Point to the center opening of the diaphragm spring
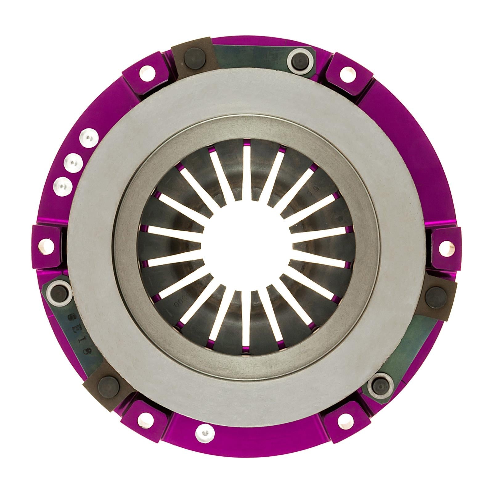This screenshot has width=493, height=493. click(x=246, y=246)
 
